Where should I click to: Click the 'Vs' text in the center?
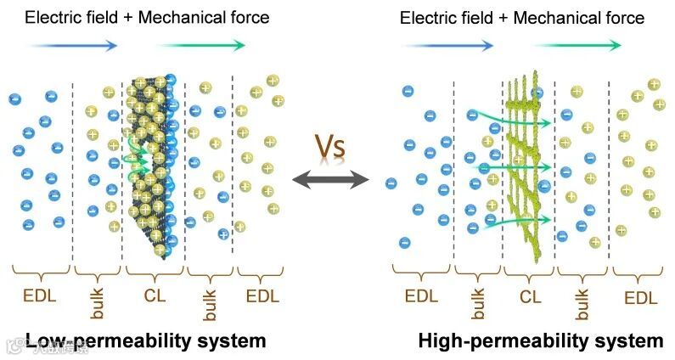pyautogui.click(x=331, y=146)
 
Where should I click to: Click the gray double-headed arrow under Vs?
pyautogui.click(x=330, y=179)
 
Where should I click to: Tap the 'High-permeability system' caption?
pyautogui.click(x=541, y=341)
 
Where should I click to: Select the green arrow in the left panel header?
pyautogui.click(x=201, y=46)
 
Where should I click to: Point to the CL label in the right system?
pyautogui.click(x=530, y=297)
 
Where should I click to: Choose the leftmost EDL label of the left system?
pyautogui.click(x=40, y=296)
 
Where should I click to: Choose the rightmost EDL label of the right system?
pyautogui.click(x=641, y=298)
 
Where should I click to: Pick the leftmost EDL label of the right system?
pyautogui.click(x=421, y=297)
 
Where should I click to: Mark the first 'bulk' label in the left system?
pyautogui.click(x=97, y=301)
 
